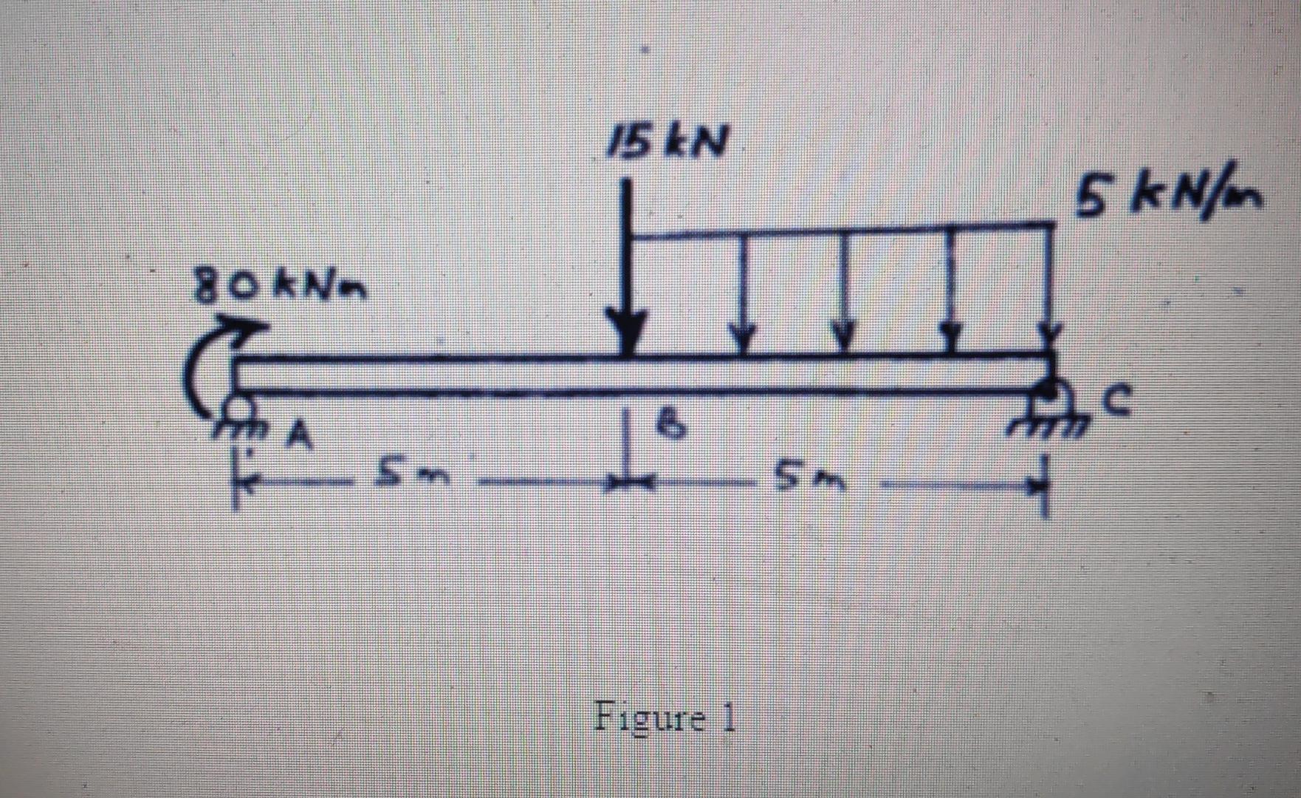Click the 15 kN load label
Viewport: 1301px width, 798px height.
click(x=666, y=140)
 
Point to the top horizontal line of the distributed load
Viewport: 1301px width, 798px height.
click(x=842, y=231)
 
